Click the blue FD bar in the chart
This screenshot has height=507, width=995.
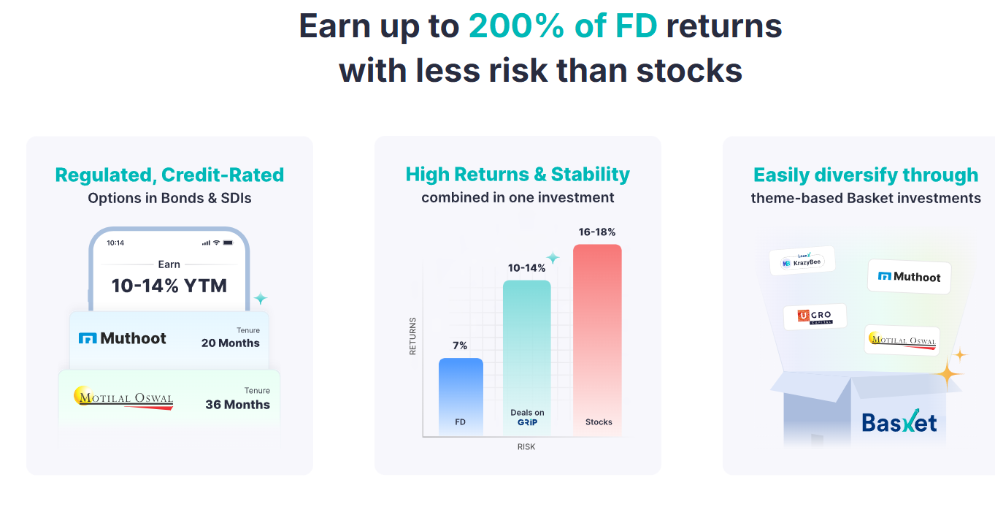[461, 397]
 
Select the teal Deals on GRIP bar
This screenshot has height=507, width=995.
[527, 358]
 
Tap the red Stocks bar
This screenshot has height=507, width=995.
[597, 340]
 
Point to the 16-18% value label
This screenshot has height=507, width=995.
[596, 232]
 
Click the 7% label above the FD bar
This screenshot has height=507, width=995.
[460, 346]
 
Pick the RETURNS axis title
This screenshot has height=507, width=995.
[412, 336]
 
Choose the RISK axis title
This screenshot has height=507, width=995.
[526, 446]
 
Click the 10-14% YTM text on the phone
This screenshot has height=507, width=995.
[169, 286]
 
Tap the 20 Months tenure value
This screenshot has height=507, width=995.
[230, 343]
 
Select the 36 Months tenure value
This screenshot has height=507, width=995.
[237, 404]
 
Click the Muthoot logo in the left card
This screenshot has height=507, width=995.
[122, 338]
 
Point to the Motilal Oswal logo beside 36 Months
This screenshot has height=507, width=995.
[124, 398]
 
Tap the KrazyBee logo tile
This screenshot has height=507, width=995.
[802, 261]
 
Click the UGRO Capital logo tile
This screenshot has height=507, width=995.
[815, 317]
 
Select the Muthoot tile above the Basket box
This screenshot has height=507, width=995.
[909, 276]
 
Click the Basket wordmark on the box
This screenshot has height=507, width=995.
[899, 422]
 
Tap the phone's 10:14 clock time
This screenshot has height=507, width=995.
[115, 243]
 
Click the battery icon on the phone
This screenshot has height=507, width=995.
[228, 243]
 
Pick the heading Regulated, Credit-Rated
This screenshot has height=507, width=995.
[169, 175]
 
